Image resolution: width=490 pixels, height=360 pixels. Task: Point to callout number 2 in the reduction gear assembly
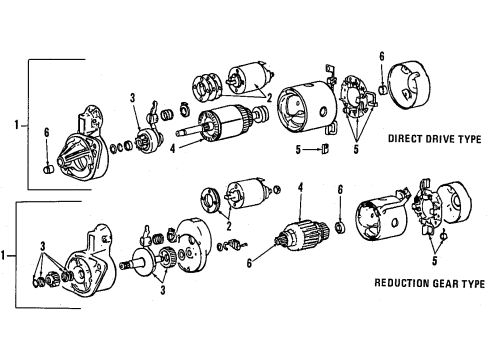pyautogui.click(x=228, y=237)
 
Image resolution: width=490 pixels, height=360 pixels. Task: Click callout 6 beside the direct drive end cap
pyautogui.click(x=380, y=56)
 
